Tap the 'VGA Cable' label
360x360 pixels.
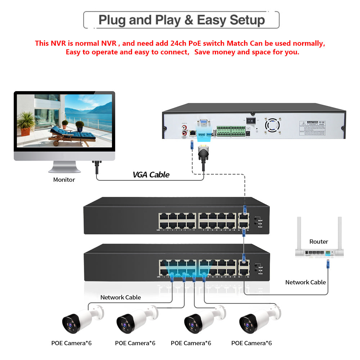(151, 175)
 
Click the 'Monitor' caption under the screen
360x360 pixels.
(64, 180)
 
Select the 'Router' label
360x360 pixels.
(319, 242)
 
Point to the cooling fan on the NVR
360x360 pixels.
(273, 125)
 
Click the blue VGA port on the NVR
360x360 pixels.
(204, 123)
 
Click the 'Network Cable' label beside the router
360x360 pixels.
(305, 282)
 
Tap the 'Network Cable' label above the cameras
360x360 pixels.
(120, 297)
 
